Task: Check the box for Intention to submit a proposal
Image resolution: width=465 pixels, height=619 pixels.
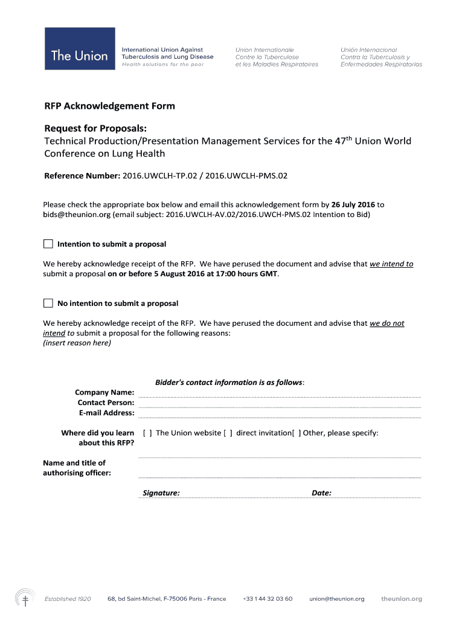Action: (48, 244)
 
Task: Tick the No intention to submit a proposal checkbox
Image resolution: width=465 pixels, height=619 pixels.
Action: (48, 303)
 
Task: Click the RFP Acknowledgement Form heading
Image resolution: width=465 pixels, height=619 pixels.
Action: (109, 106)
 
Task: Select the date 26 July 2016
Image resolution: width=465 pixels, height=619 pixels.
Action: (353, 205)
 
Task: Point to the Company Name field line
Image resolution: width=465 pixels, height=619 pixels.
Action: (279, 395)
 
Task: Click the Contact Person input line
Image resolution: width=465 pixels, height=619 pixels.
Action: (279, 405)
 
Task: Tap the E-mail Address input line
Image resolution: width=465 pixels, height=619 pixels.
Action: (279, 415)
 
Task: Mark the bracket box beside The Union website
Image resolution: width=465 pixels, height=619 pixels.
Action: (147, 433)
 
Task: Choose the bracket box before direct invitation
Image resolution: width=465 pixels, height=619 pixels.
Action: (228, 433)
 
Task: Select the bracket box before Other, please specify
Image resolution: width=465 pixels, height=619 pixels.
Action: (296, 433)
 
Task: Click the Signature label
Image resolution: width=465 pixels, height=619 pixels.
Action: (161, 493)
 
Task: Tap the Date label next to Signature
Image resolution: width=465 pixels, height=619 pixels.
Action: (321, 493)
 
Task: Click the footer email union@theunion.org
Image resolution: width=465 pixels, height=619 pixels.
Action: (337, 599)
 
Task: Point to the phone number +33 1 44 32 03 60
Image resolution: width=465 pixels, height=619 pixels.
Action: (268, 599)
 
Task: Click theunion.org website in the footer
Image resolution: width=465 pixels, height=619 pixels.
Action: (402, 599)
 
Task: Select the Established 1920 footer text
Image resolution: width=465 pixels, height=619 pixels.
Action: (68, 599)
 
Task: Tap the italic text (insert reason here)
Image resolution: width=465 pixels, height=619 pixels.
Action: (77, 343)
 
